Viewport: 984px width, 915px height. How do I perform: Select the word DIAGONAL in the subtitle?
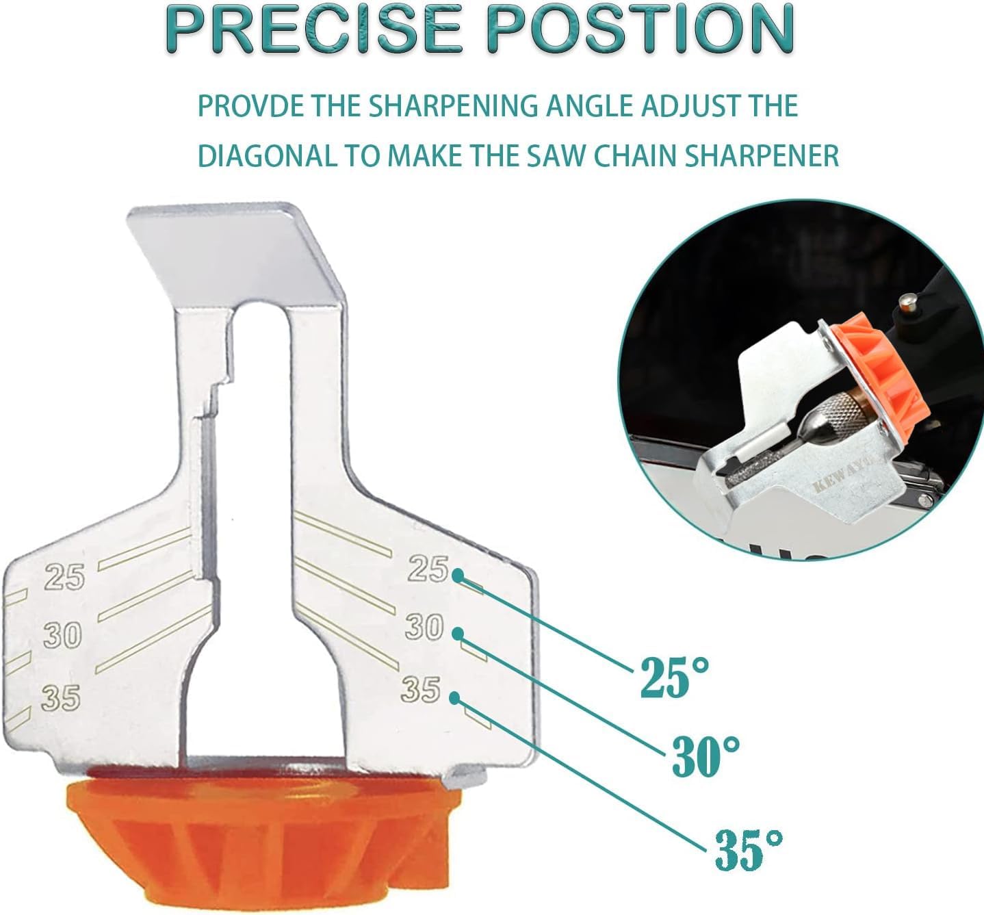[266, 156]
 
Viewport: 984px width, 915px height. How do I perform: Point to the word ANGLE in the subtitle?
[615, 106]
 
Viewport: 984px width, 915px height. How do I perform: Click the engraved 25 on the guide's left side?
[64, 577]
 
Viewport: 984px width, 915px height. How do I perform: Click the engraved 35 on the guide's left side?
[61, 698]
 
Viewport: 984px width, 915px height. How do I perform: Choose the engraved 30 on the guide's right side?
[424, 627]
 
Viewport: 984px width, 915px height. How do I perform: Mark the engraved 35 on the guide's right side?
[420, 689]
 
